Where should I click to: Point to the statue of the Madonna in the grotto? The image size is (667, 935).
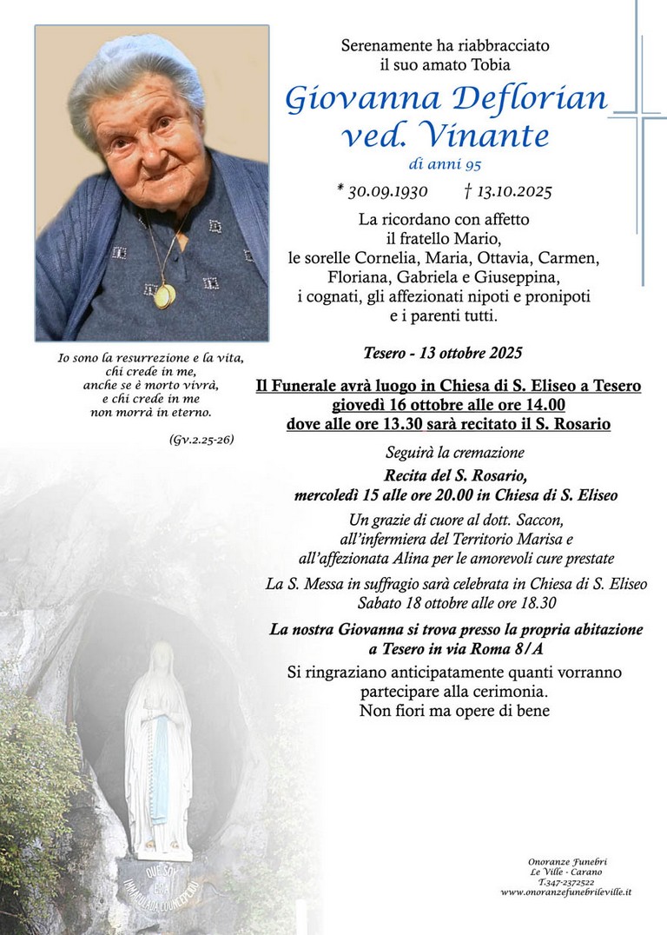pyautogui.click(x=158, y=747)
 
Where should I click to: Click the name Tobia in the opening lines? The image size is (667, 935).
pyautogui.click(x=487, y=63)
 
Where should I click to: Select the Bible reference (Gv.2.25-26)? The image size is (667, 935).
pyautogui.click(x=201, y=440)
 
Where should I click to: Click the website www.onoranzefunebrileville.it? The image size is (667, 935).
pyautogui.click(x=566, y=892)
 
